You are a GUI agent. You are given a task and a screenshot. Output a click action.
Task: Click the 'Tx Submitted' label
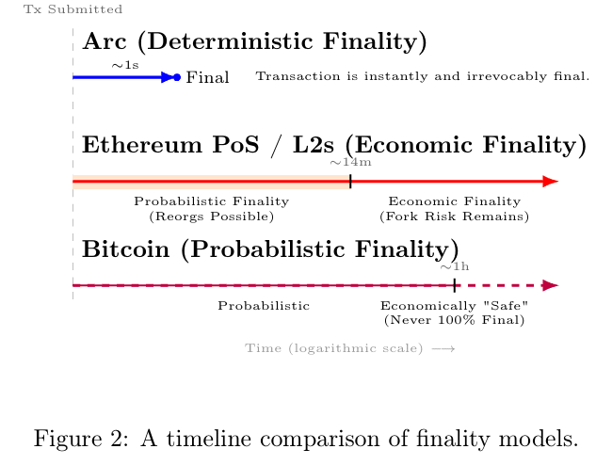pyautogui.click(x=73, y=9)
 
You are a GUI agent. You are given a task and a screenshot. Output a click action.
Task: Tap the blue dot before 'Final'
pyautogui.click(x=177, y=77)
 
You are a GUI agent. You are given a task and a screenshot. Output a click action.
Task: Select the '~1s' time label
pyautogui.click(x=125, y=65)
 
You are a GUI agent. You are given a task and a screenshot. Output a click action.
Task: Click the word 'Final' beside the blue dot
pyautogui.click(x=207, y=77)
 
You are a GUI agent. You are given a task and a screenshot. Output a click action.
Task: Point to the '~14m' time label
pyautogui.click(x=350, y=163)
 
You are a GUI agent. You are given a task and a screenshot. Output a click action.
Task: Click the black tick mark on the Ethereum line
pyautogui.click(x=350, y=182)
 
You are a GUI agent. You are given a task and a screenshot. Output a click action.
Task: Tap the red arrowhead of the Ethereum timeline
pyautogui.click(x=551, y=182)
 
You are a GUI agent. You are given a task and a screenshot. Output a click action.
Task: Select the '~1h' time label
pyautogui.click(x=455, y=266)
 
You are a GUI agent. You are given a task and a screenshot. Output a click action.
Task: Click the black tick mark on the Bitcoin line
pyautogui.click(x=455, y=285)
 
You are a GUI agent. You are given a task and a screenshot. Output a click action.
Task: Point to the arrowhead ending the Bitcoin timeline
pyautogui.click(x=551, y=285)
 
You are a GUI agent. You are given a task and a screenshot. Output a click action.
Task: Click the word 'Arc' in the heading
pyautogui.click(x=105, y=41)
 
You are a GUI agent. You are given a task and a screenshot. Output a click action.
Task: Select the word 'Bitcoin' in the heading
pyautogui.click(x=126, y=249)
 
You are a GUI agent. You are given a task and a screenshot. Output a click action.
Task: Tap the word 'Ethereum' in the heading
pyautogui.click(x=142, y=145)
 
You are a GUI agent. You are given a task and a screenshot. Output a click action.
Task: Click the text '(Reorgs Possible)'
pyautogui.click(x=211, y=216)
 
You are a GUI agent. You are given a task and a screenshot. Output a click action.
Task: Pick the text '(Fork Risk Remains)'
pyautogui.click(x=454, y=216)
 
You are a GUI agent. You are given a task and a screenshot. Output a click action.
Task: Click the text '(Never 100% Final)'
pyautogui.click(x=454, y=320)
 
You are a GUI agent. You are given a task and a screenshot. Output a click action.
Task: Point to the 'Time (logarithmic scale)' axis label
pyautogui.click(x=333, y=348)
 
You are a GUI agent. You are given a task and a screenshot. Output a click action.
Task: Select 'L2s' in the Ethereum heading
pyautogui.click(x=314, y=145)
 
